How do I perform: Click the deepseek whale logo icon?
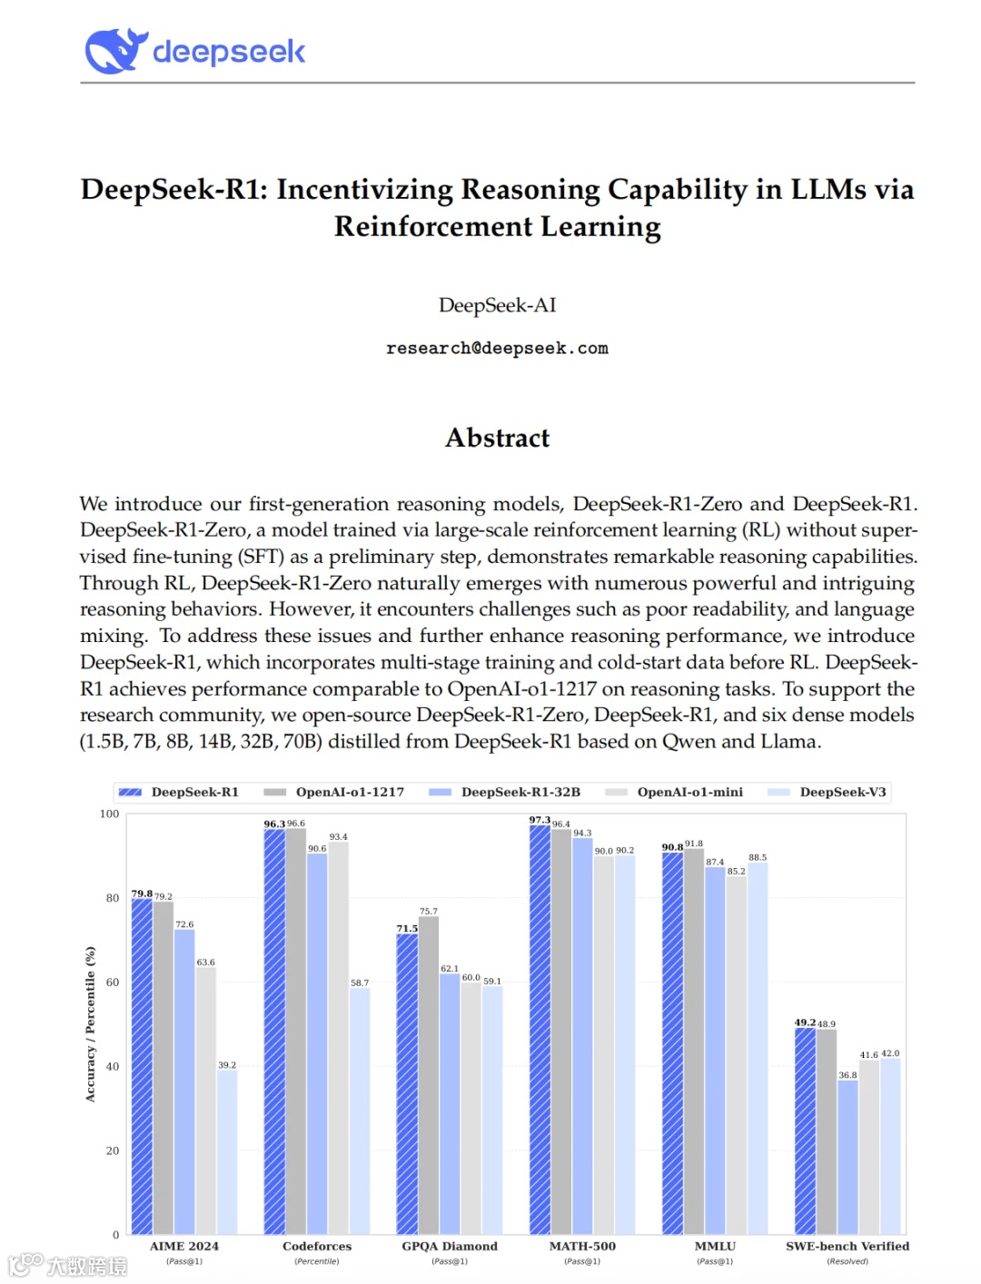(x=115, y=51)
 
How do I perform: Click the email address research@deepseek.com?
(x=497, y=349)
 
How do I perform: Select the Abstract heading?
(x=497, y=438)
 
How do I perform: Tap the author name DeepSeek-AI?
(x=497, y=305)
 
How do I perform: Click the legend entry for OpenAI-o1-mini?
(x=689, y=792)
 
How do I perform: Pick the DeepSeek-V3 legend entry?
(x=841, y=792)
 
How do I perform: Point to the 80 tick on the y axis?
(x=113, y=898)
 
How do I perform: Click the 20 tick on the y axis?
(x=113, y=1151)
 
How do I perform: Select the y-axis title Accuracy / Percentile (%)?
(x=90, y=1024)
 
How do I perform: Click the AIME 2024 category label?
(x=184, y=1246)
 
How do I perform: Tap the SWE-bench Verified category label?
(x=847, y=1246)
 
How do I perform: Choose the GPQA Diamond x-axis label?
(x=450, y=1246)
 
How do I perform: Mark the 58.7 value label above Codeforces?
(x=360, y=983)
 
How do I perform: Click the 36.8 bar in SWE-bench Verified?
(x=847, y=1157)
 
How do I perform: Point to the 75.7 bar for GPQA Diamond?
(x=429, y=1075)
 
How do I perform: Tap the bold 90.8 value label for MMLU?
(x=672, y=847)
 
